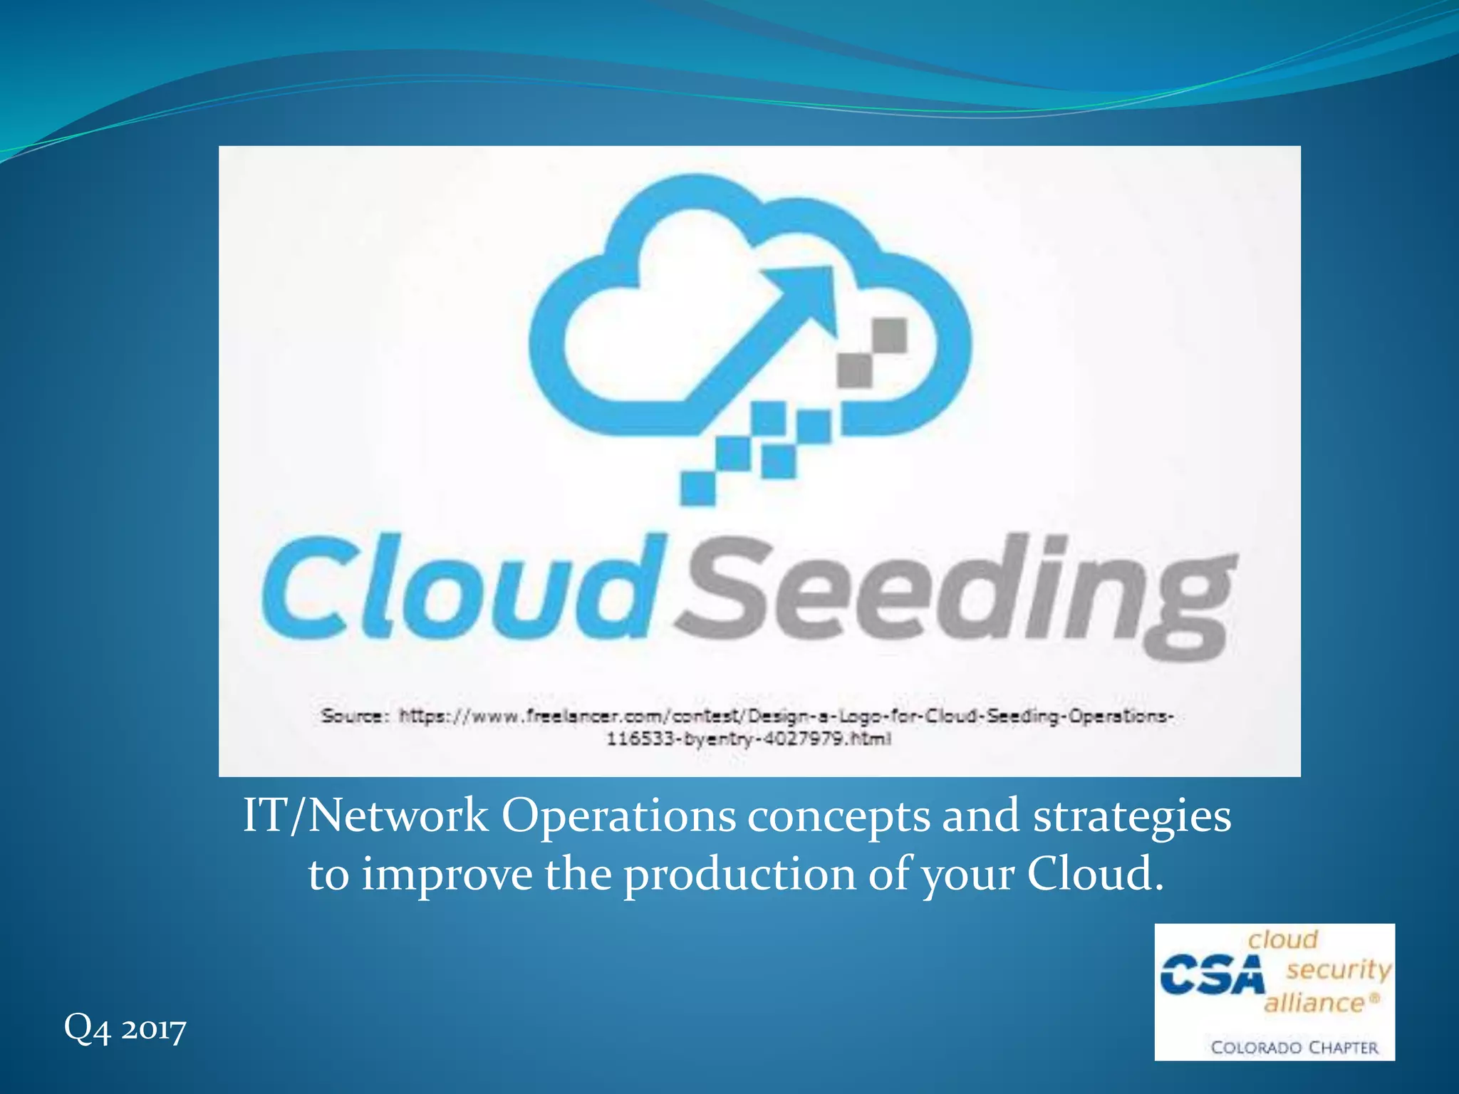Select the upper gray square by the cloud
click(890, 335)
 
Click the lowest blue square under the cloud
click(698, 488)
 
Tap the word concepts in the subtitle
click(838, 817)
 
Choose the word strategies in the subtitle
click(1132, 817)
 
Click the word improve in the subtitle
click(447, 875)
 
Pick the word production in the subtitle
click(739, 875)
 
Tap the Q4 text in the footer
click(87, 1028)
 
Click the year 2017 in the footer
click(153, 1029)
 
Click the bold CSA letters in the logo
click(1212, 975)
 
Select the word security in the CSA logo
click(1339, 969)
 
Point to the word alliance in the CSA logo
click(1314, 1003)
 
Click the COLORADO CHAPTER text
click(1294, 1048)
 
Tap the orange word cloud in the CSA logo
click(1282, 939)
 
